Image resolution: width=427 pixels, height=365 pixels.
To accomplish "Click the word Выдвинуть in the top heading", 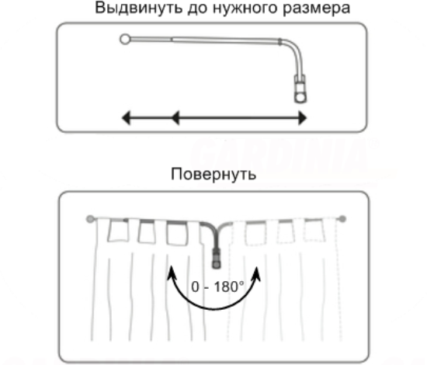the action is [x=139, y=8].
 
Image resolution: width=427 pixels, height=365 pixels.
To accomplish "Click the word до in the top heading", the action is [x=197, y=9].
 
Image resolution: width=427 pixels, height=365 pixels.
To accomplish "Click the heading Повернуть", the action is [x=213, y=174].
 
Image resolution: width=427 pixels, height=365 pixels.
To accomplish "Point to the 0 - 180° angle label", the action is [x=218, y=287].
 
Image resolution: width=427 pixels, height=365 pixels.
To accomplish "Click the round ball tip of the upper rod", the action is [x=125, y=40].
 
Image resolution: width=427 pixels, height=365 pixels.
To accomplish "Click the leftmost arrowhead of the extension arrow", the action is [x=126, y=118].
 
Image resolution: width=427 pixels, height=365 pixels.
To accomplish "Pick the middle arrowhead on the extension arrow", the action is [x=175, y=118].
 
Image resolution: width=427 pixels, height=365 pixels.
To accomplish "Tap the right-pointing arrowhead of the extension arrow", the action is [x=303, y=118].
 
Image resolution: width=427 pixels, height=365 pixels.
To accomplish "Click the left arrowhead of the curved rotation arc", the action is [x=172, y=273].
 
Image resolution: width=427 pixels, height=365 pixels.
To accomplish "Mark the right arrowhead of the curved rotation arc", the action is [x=256, y=273].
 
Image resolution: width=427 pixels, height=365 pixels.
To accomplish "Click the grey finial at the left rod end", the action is [x=90, y=219].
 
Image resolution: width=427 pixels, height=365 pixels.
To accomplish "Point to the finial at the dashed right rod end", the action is [x=342, y=218].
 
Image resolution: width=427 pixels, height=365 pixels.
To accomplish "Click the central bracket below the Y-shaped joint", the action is [x=217, y=259].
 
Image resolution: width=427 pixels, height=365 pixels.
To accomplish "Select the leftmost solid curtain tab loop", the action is [x=118, y=231].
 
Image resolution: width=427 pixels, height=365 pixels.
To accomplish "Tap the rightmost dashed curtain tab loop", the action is [x=314, y=230].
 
